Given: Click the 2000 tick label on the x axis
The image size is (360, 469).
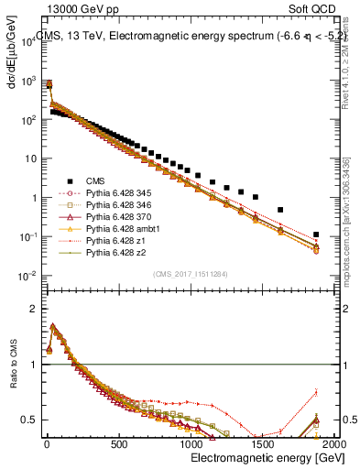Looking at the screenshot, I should click(x=334, y=443).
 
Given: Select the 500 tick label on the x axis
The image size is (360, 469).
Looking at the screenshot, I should click(x=118, y=443).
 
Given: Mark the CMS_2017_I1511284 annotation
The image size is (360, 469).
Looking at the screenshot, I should click(x=190, y=273).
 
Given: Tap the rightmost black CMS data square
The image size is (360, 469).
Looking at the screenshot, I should click(x=316, y=234).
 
